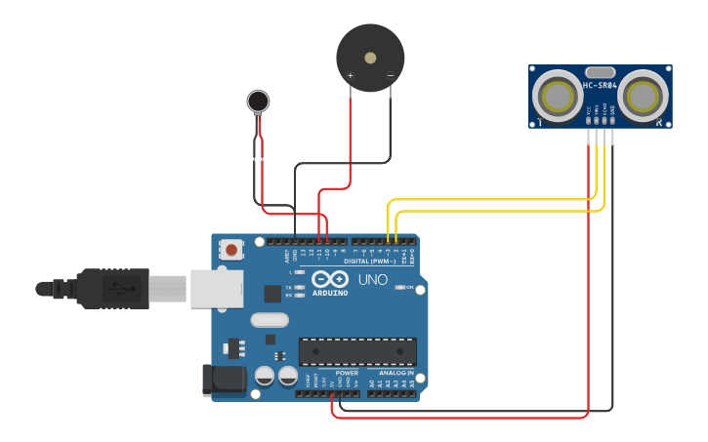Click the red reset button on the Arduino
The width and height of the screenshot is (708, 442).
pos(231,250)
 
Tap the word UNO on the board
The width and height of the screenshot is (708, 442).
pos(373,280)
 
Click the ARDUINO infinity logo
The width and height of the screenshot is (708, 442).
pos(329,279)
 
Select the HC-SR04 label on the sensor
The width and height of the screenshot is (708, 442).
pos(600,85)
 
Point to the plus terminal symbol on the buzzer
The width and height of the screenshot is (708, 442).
pos(351,75)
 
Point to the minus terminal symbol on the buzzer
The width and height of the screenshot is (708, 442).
pos(390,75)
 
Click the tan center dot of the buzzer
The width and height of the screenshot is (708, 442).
pos(370,58)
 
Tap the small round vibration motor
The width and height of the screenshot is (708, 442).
pos(258,100)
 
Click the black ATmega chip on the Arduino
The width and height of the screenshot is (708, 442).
pos(357,351)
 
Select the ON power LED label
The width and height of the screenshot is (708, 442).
pos(409,288)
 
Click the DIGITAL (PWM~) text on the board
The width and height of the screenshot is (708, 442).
pos(370,261)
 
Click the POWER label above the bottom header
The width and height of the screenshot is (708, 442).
pos(347,373)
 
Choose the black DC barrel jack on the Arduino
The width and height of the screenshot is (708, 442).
pos(222,381)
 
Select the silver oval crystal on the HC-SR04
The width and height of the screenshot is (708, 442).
pos(600,71)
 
